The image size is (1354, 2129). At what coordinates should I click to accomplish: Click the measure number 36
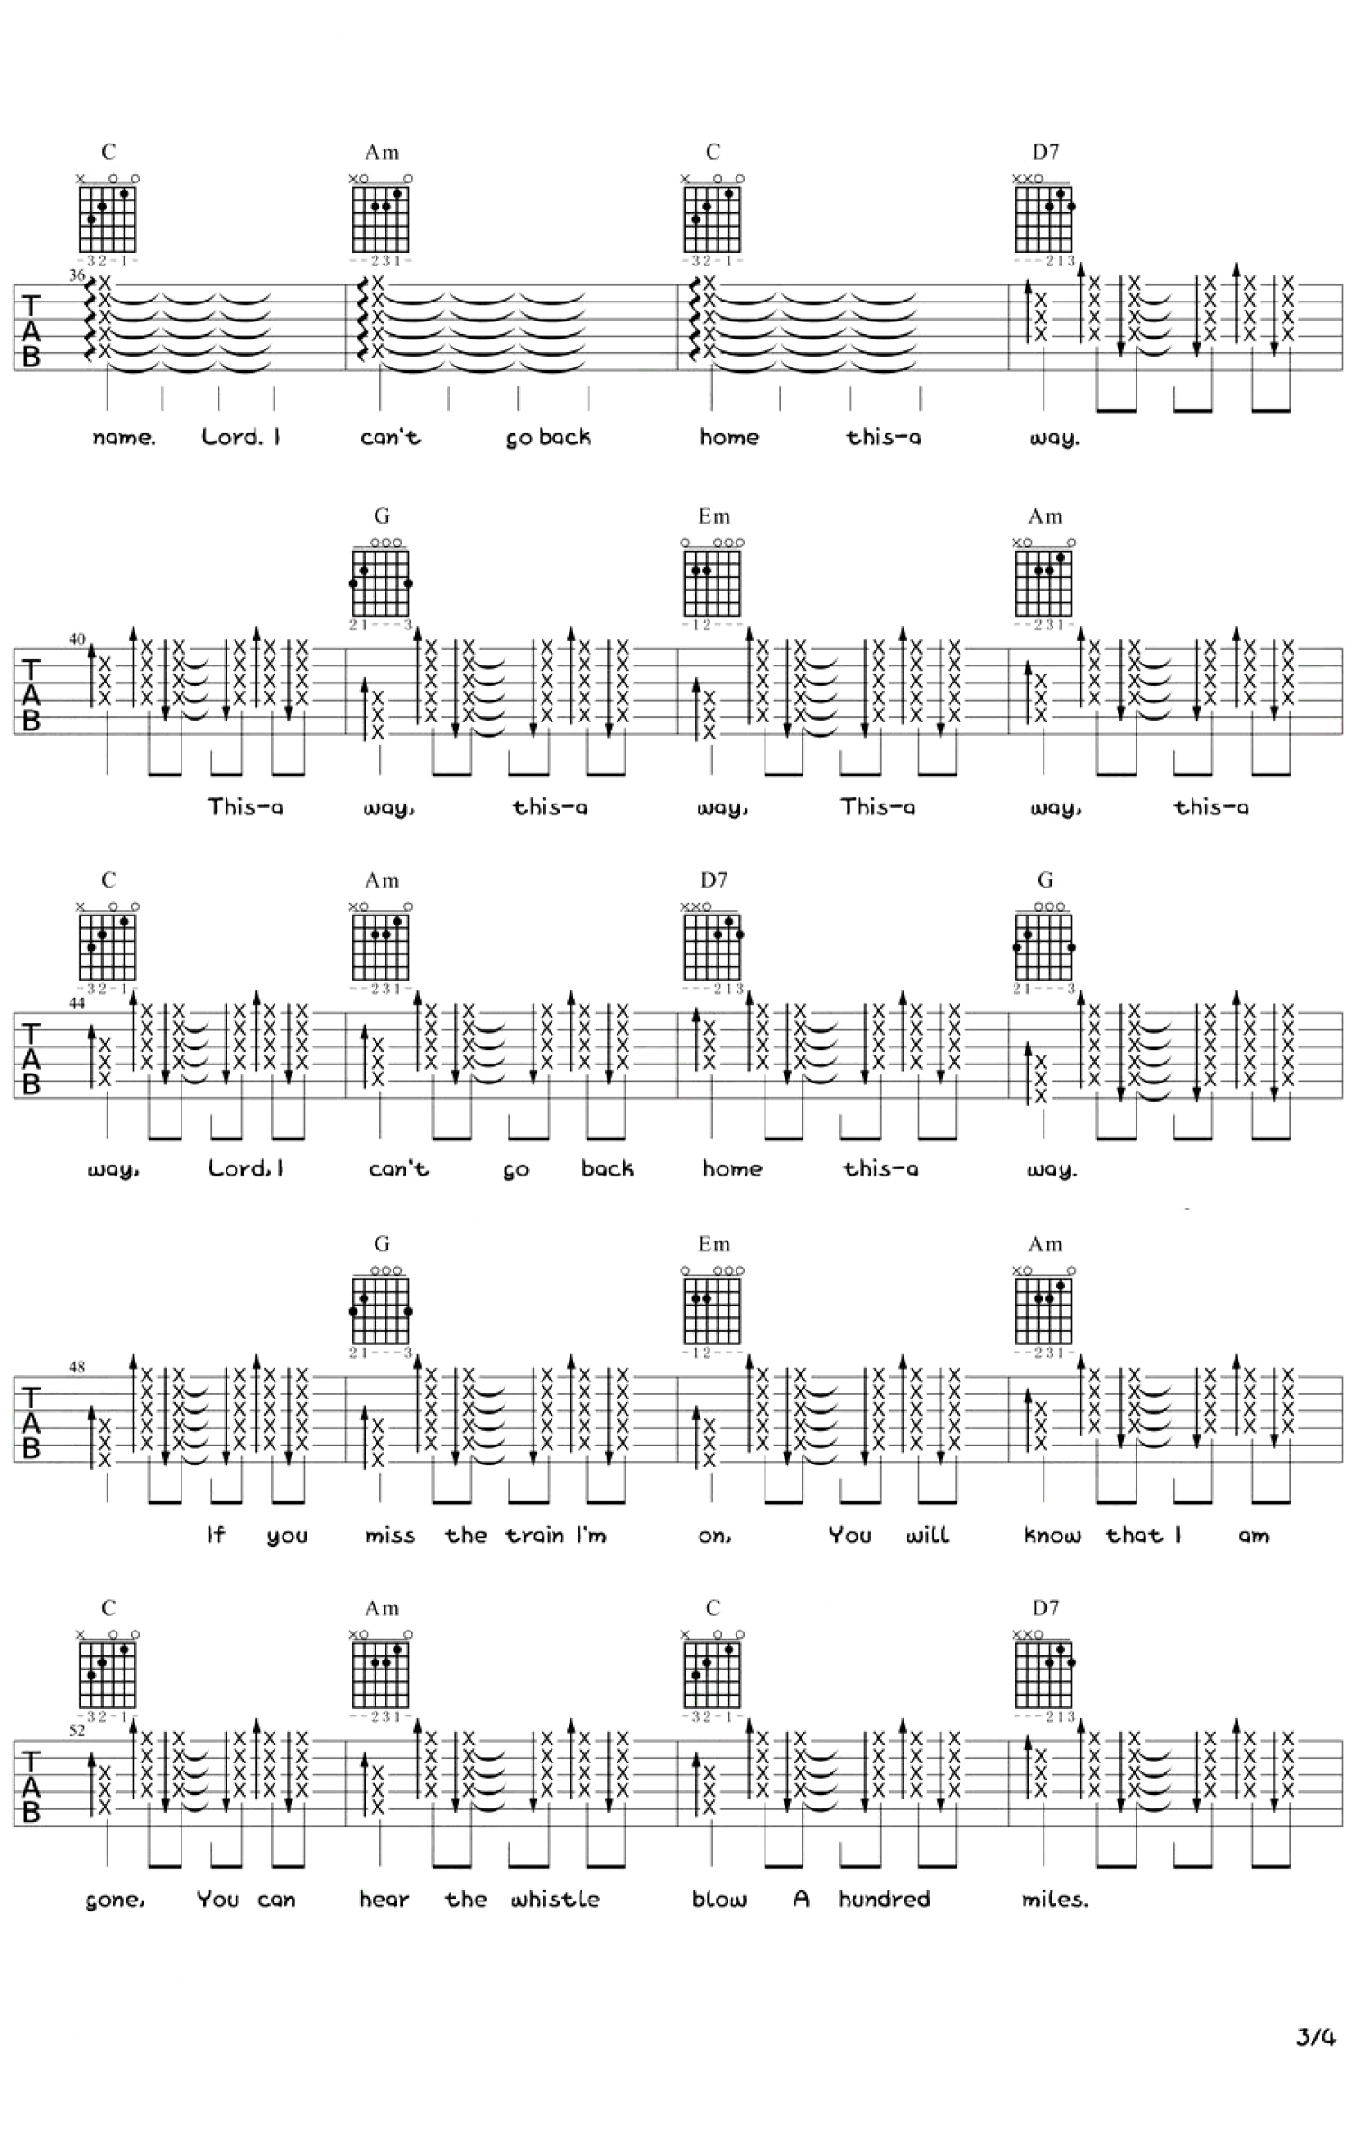pos(77,275)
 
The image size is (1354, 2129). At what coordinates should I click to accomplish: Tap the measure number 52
pos(77,1731)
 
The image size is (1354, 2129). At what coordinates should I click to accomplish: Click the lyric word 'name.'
pos(124,438)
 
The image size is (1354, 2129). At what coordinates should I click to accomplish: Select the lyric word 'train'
pos(534,1535)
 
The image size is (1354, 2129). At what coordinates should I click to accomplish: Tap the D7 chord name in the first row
pos(1045,153)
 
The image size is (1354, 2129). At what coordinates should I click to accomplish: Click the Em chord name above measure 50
pos(713,1244)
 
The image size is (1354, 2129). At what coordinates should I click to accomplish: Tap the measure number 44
pos(77,1003)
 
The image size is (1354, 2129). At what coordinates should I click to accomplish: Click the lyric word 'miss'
pos(390,1535)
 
